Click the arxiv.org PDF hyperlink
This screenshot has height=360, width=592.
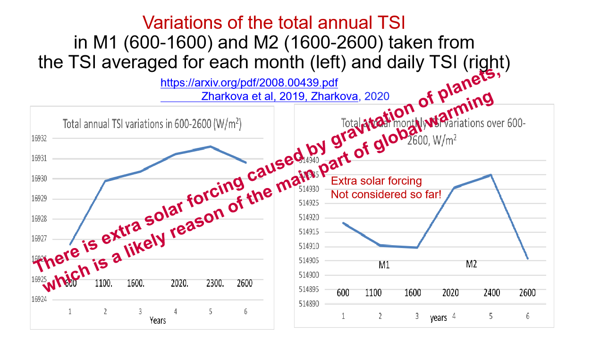tap(249, 83)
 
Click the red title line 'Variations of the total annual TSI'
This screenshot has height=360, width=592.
tap(274, 22)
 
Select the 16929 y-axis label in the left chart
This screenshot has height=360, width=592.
tap(40, 199)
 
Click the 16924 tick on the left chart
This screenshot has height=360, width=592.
tap(40, 300)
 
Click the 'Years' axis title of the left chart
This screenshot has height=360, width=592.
tap(158, 320)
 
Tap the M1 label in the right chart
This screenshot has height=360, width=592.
tap(384, 265)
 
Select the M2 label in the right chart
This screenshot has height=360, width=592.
tap(471, 264)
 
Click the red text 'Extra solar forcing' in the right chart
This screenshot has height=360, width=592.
tap(376, 181)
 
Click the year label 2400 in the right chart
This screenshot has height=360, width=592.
tap(491, 293)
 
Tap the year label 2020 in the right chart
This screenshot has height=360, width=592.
tap(450, 293)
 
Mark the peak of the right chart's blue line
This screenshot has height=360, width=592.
tap(491, 175)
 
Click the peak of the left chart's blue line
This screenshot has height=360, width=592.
tap(211, 146)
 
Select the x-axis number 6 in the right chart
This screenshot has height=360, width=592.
tap(527, 317)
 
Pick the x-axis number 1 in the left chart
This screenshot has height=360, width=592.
tap(70, 312)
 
